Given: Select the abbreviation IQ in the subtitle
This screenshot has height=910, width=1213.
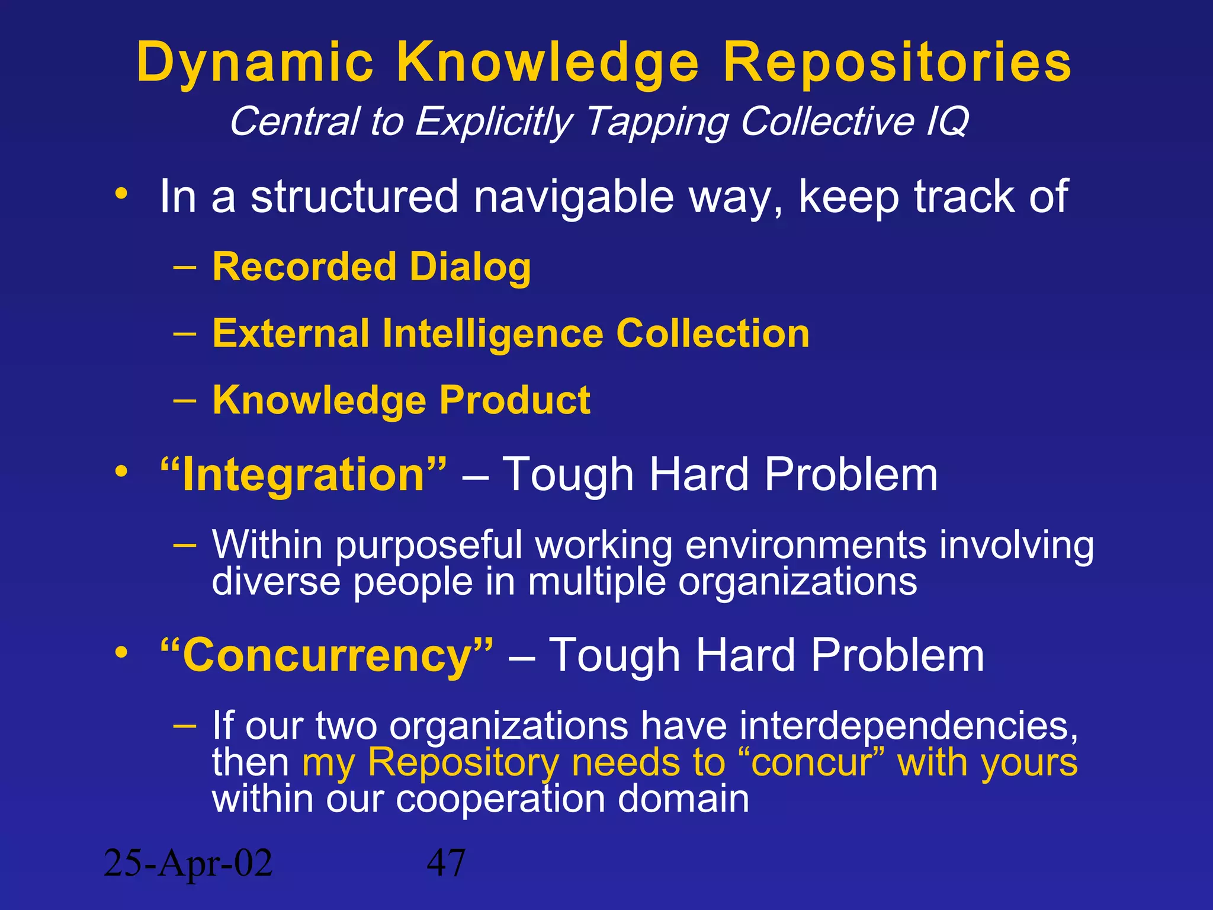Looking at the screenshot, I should pos(946,121).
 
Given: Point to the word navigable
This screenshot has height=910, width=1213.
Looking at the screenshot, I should pos(573,197).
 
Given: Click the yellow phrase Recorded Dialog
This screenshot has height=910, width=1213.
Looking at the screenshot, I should pos(371,267).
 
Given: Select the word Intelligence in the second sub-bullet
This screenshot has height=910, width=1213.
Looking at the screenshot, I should pos(493,334).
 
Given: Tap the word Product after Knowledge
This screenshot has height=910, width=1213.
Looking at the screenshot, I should pos(515,400).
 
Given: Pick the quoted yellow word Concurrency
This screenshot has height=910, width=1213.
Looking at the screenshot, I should pos(327,656).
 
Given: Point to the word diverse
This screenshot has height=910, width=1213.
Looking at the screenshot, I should pos(276,582).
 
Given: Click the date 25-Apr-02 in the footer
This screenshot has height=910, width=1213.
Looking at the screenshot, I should pos(188,863).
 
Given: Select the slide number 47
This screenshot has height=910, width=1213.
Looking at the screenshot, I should pos(446,863).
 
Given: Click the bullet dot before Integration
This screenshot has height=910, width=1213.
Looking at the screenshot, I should pos(121,473).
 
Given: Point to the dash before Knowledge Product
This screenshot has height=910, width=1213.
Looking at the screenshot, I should pos(185,400).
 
